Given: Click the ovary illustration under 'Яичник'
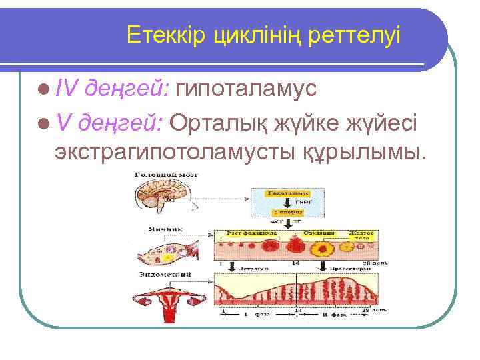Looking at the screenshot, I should point(165,253).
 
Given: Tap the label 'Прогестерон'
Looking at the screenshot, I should point(339,267).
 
